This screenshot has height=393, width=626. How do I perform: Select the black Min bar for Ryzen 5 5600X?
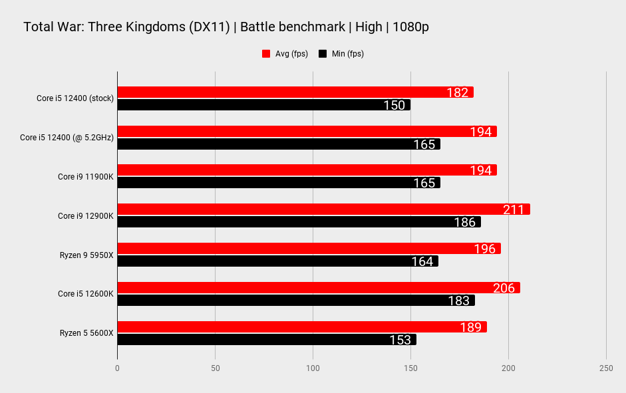(266, 340)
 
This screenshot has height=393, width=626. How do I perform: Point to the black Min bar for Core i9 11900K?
(279, 183)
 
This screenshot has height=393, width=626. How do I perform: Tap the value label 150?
(394, 105)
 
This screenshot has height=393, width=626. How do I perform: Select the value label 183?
(458, 301)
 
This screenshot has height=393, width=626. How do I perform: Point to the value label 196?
(485, 249)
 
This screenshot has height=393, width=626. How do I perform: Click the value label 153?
(400, 340)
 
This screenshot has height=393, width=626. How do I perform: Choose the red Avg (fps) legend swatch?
(266, 54)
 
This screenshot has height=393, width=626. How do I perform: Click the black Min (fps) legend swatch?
(323, 54)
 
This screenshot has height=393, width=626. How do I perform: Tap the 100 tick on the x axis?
(313, 368)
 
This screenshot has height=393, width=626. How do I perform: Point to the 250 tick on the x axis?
(605, 368)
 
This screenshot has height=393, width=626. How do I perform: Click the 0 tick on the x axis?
(117, 368)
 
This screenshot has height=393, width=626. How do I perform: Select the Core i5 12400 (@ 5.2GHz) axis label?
(67, 138)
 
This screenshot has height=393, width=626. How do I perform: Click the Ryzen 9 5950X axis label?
(86, 255)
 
